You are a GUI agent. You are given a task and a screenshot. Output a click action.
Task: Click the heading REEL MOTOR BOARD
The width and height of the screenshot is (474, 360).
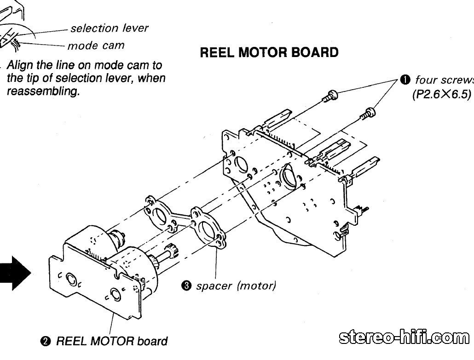269,52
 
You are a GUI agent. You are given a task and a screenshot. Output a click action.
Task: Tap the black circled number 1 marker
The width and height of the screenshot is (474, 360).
405,80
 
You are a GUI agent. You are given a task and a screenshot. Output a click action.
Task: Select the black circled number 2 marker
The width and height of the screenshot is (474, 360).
45,341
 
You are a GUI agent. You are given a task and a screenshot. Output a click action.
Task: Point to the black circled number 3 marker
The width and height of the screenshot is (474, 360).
186,286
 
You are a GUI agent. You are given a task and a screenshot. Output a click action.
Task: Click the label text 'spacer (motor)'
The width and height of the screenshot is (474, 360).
236,286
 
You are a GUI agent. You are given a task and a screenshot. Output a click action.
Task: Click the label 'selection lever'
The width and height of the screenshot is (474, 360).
110,28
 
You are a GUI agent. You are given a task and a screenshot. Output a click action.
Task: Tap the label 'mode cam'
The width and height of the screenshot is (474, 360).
96,46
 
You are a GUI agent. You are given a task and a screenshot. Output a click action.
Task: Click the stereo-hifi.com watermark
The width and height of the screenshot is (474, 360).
404,337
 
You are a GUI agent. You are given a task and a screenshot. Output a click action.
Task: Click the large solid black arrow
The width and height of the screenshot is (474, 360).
15,273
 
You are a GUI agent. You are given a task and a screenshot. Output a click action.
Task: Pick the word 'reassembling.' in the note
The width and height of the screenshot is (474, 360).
43,91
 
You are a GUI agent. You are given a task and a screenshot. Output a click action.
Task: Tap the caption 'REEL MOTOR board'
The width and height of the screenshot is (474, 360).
112,341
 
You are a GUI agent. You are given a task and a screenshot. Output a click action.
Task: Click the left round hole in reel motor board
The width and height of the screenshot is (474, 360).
71,279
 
